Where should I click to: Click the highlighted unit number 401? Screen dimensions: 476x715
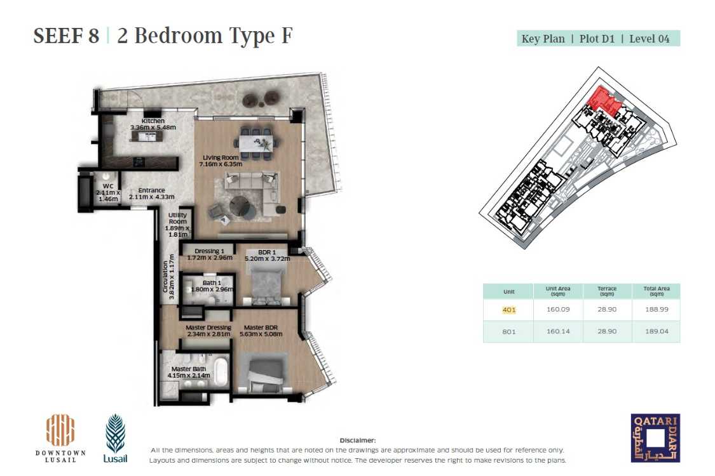[509, 310]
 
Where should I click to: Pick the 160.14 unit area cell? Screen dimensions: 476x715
[557, 331]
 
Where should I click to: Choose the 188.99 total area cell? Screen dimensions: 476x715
[655, 310]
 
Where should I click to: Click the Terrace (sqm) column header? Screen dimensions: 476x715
[607, 291]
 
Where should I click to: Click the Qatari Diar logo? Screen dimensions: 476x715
[655, 438]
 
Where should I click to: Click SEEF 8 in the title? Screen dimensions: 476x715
[66, 36]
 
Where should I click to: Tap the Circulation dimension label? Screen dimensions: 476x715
[168, 281]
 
